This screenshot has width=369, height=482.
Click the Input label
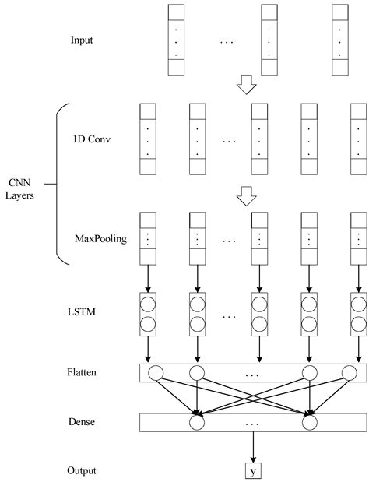pos(83,39)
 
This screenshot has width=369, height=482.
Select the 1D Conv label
pos(90,141)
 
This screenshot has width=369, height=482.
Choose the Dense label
pos(82,421)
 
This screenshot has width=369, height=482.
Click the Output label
pos(83,470)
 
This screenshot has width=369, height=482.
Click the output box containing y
pos(253,470)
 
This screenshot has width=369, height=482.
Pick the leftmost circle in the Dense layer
pos(197,422)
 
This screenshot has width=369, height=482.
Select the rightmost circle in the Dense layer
pos(311,422)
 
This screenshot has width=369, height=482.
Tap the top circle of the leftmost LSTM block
pos(147,302)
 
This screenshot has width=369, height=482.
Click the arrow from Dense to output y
pos(253,448)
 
